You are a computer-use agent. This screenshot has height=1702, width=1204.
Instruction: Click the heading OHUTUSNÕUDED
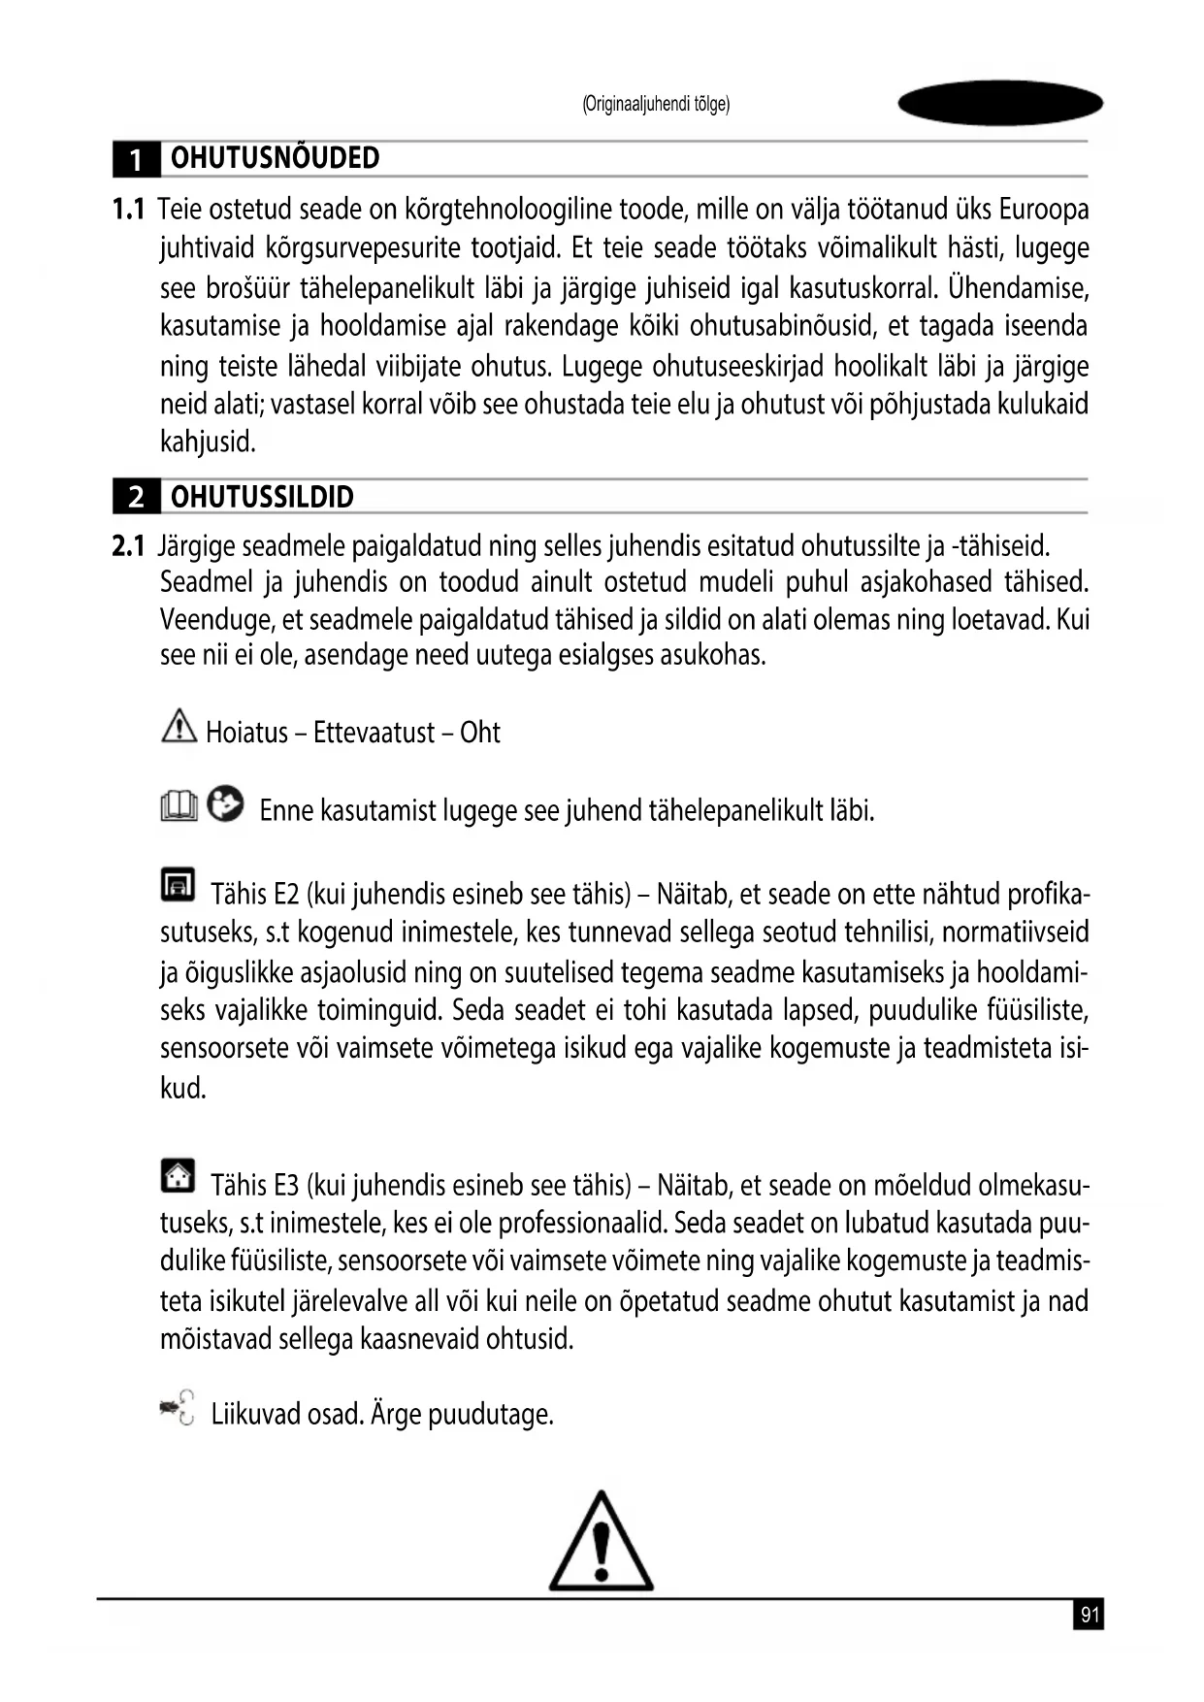pyautogui.click(x=275, y=158)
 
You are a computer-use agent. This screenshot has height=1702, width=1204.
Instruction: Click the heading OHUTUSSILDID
pyautogui.click(x=262, y=497)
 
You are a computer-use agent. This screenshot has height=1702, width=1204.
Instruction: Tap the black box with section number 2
pyautogui.click(x=137, y=498)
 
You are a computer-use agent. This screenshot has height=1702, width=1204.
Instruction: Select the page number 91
pyautogui.click(x=1090, y=1616)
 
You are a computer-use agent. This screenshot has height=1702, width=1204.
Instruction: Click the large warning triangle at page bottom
pyautogui.click(x=602, y=1543)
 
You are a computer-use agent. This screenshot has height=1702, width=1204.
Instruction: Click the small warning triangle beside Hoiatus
pyautogui.click(x=179, y=726)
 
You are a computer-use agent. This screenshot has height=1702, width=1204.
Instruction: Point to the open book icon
pyautogui.click(x=179, y=805)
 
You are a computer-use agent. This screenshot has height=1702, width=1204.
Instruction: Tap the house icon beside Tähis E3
pyautogui.click(x=178, y=1176)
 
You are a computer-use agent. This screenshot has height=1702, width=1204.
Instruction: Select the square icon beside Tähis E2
pyautogui.click(x=178, y=884)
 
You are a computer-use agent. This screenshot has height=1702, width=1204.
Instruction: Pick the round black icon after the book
pyautogui.click(x=226, y=803)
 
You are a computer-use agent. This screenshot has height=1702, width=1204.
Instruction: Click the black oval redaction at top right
pyautogui.click(x=1000, y=103)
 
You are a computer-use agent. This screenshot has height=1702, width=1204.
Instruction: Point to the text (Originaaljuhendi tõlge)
pyautogui.click(x=656, y=105)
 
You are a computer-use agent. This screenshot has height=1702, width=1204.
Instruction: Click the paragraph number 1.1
pyautogui.click(x=128, y=210)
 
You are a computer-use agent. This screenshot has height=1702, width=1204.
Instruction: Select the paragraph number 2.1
pyautogui.click(x=128, y=547)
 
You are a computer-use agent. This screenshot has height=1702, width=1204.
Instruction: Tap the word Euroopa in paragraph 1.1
pyautogui.click(x=1044, y=210)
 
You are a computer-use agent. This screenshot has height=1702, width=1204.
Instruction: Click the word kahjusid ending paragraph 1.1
pyautogui.click(x=208, y=442)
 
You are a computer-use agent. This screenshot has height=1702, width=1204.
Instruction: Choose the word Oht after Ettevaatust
pyautogui.click(x=480, y=733)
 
